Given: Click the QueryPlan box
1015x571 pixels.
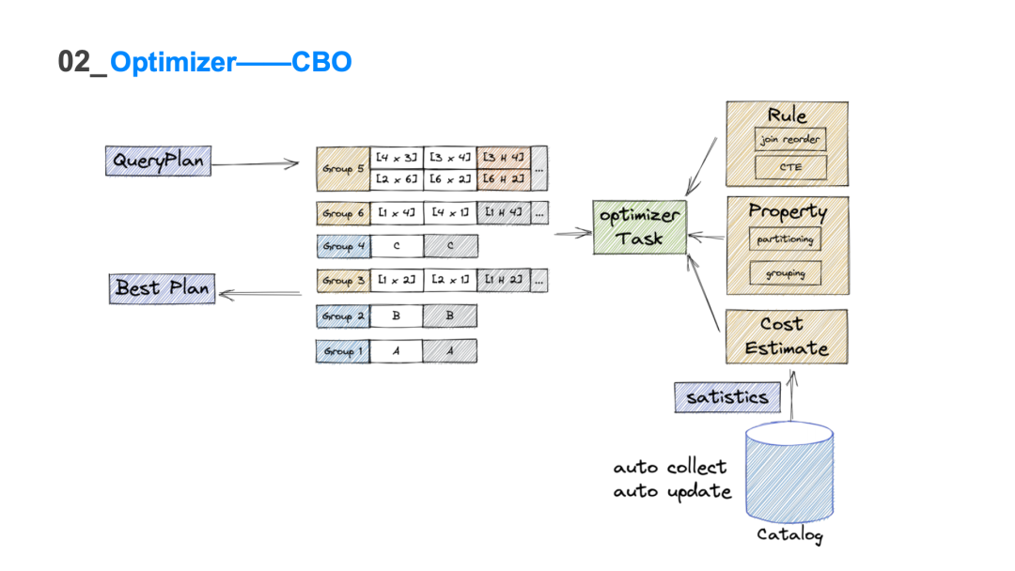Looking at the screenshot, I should click(x=157, y=161).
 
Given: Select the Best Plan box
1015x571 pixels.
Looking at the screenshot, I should click(x=163, y=288).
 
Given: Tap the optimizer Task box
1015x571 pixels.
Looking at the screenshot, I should click(x=639, y=227).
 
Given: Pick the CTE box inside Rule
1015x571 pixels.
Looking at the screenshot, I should click(x=790, y=168).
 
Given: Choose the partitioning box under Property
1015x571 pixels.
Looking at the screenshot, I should click(x=786, y=239).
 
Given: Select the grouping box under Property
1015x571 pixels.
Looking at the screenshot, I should click(x=786, y=273).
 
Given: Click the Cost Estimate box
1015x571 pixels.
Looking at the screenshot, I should click(x=786, y=336).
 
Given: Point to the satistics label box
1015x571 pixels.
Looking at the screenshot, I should click(x=727, y=397).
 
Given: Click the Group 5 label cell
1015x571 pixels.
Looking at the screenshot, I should click(x=343, y=169).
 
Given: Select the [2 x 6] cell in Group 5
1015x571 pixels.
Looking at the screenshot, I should click(x=397, y=179).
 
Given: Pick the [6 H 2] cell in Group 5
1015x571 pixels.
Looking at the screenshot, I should click(x=504, y=179).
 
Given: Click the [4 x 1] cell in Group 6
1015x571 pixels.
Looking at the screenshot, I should click(x=450, y=213).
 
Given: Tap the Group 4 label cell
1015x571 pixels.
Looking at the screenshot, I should click(x=343, y=246).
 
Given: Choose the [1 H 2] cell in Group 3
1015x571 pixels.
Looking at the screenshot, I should click(x=504, y=280).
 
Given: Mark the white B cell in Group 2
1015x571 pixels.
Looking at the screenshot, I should click(x=396, y=316).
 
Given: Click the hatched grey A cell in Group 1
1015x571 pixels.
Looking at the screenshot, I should click(x=449, y=351).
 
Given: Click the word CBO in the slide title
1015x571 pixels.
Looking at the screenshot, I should click(x=321, y=62).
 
